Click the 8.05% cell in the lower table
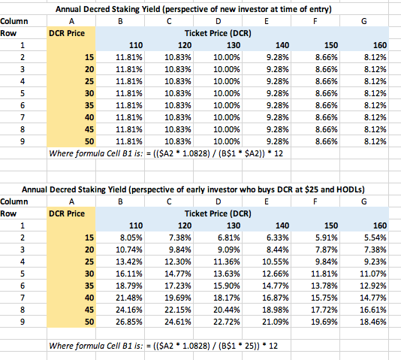point(131,237)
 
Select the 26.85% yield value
point(129,322)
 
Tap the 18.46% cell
point(373,322)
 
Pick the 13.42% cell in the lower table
point(129,262)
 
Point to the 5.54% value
point(375,237)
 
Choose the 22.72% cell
point(227,322)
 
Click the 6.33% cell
point(278,237)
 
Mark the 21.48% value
point(129,298)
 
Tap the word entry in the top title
point(321,10)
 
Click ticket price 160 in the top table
point(380,45)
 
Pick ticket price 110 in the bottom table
point(136,225)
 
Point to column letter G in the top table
point(364,21)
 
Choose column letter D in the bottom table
point(218,201)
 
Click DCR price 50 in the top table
point(89,141)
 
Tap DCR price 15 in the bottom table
point(89,237)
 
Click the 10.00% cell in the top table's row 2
point(227,57)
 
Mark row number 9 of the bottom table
point(23,322)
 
